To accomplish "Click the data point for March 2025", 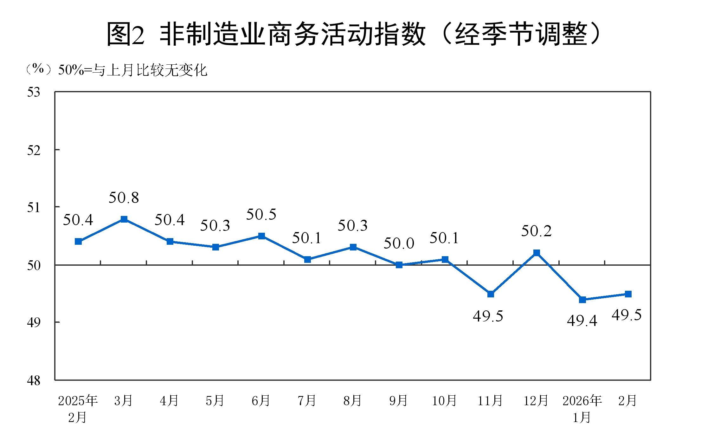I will [124, 219].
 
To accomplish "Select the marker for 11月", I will [491, 294].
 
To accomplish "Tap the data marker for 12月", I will [537, 253].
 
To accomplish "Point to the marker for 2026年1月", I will [582, 300].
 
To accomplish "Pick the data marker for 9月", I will [399, 265].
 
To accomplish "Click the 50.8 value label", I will [124, 198].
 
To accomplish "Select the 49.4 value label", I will [582, 321].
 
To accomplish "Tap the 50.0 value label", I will [399, 243].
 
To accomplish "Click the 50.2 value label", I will [536, 231].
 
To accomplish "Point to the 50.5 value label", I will [261, 215].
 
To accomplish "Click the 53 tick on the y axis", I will [34, 92].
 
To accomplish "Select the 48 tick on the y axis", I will [34, 380].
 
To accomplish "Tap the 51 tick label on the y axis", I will [34, 208].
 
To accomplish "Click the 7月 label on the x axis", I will [307, 401].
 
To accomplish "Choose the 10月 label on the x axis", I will [444, 401].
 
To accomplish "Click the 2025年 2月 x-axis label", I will [78, 409].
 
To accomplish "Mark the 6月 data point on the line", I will [261, 236].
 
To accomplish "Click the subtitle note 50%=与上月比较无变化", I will [132, 70].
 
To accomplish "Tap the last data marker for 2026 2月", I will [628, 294].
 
